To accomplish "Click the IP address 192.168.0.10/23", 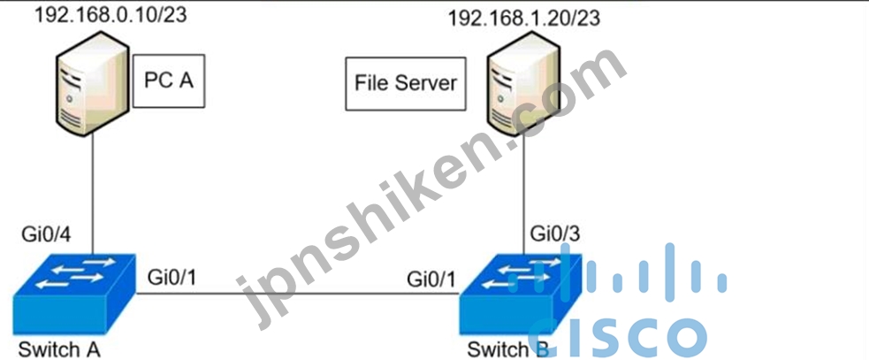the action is pos(111,14).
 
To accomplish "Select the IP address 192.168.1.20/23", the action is pos(523,18).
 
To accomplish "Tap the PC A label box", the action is pos(169,80).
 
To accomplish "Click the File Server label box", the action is pos(406,83).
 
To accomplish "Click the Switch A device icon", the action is pos(73,294).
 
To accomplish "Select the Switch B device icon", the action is pos(521,295).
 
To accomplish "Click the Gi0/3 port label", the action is pos(555,234).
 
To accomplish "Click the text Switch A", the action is pos(59,349).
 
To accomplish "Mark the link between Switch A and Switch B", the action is pos(298,295).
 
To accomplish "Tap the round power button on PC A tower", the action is pos(69,98).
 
